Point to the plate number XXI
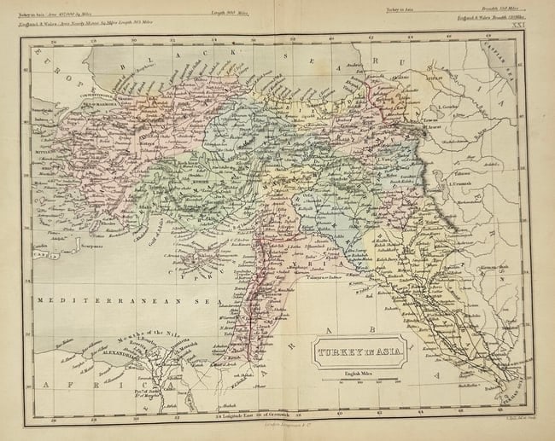(x=515, y=27)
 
